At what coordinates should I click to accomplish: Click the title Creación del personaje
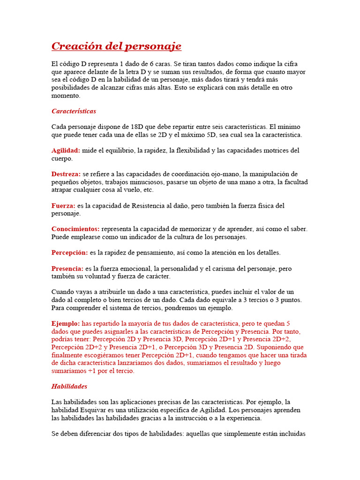click(x=116, y=46)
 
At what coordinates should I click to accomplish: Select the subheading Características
click(x=74, y=111)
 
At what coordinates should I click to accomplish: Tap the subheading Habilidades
click(x=69, y=386)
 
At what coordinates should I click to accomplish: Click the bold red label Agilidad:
click(x=66, y=150)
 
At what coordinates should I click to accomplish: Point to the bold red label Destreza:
click(x=66, y=174)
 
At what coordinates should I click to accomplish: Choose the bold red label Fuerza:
click(x=63, y=205)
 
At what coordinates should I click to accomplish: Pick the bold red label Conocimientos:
click(x=75, y=229)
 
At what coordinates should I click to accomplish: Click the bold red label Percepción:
click(x=69, y=252)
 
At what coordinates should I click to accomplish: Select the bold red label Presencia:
click(x=67, y=269)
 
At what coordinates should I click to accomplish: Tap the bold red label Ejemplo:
click(x=66, y=323)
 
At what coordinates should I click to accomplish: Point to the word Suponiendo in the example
click(x=272, y=347)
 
